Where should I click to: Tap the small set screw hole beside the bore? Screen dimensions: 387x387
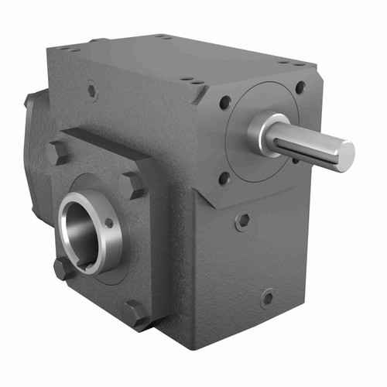[x=109, y=223]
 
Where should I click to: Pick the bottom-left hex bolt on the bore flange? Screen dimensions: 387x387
[x=63, y=269]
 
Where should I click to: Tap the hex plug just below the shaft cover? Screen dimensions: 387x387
[x=243, y=221]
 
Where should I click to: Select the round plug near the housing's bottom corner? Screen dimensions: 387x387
[x=267, y=297]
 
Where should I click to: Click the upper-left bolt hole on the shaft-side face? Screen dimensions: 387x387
[x=224, y=101]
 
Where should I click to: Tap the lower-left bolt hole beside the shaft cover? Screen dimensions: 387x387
[x=224, y=177]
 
